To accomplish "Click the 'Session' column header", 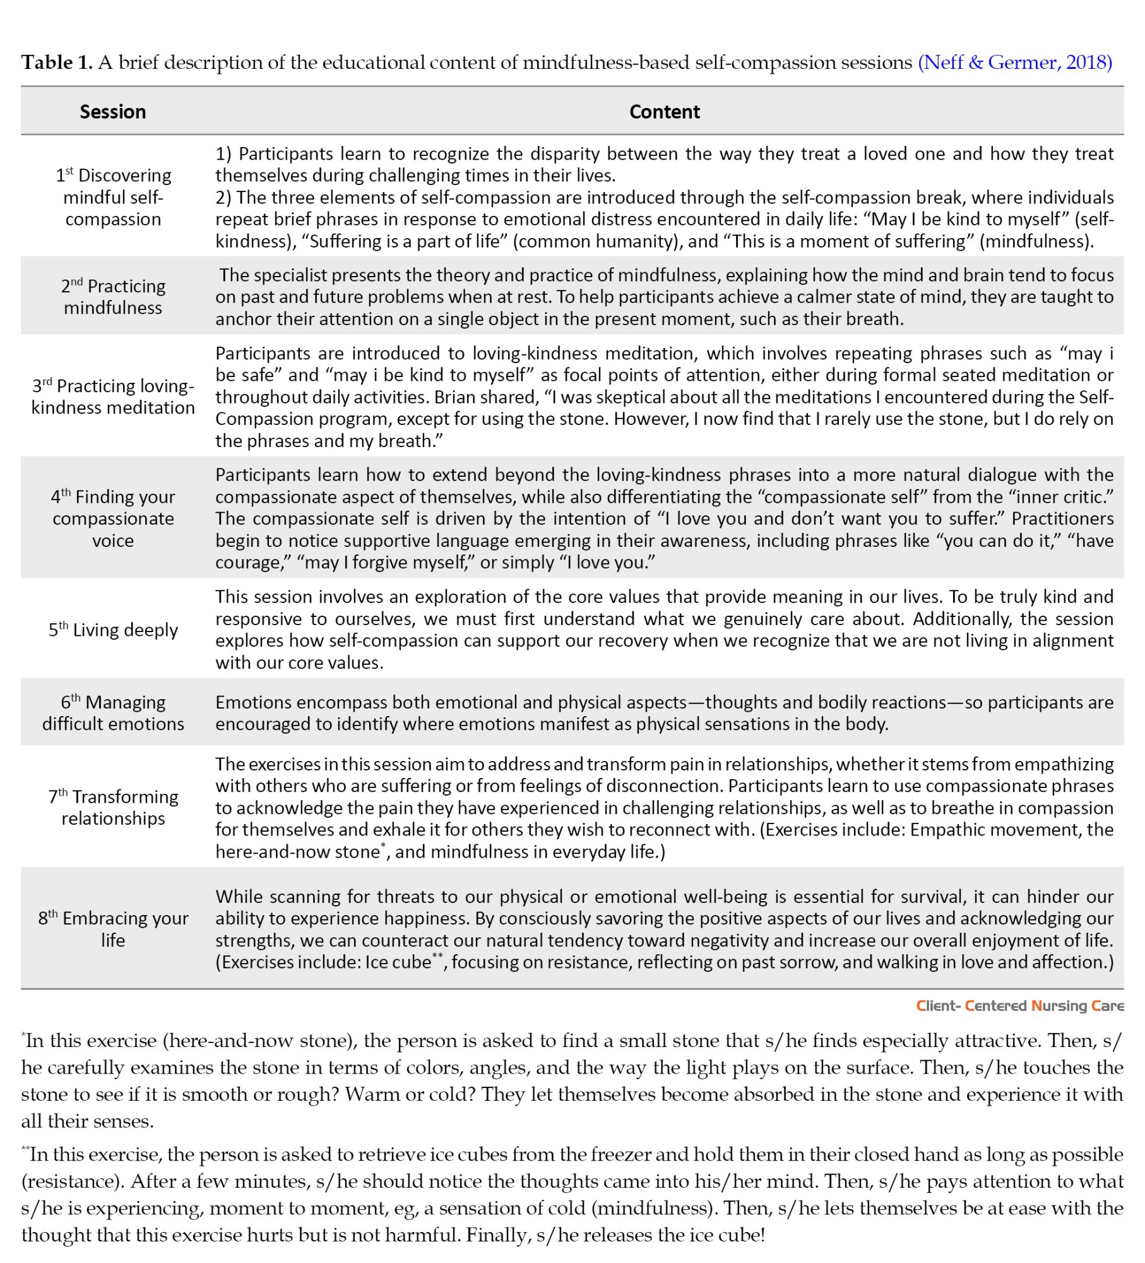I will (x=113, y=112).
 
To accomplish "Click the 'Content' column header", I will (x=665, y=112).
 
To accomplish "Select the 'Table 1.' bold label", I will (x=57, y=63).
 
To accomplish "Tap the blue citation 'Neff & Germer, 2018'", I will (x=1015, y=63).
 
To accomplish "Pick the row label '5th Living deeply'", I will (x=114, y=630).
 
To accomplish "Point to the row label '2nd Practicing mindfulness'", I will (x=114, y=297).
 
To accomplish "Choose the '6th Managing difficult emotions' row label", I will (x=114, y=713).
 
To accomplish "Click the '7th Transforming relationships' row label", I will (x=114, y=808).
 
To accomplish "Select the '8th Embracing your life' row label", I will (x=114, y=929).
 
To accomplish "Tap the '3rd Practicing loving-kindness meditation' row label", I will (x=114, y=397).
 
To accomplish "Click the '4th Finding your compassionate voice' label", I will (x=114, y=518).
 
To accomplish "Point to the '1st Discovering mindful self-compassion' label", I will (x=114, y=197).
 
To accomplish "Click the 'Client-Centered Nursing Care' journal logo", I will (x=1019, y=1006).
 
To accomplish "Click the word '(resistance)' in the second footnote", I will (x=69, y=1182).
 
